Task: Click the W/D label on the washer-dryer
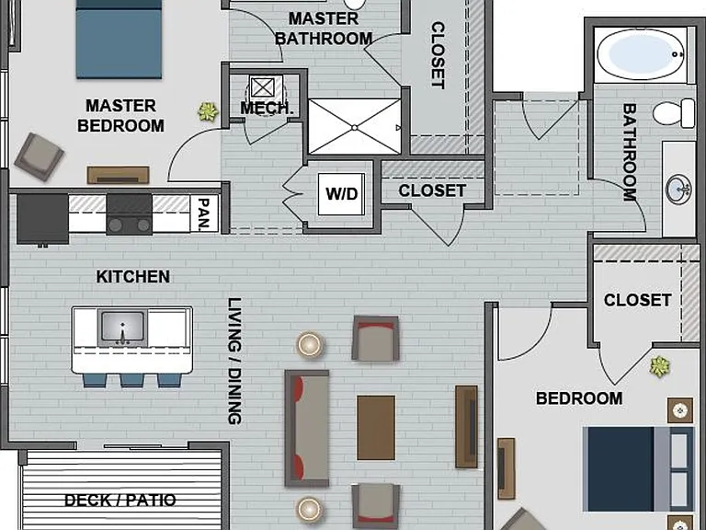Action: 342,194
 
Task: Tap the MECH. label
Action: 267,109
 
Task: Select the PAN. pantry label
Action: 204,214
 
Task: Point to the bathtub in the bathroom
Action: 640,54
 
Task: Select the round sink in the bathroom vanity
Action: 679,190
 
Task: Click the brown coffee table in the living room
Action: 376,428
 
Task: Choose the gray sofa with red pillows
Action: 307,429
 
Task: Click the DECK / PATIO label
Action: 120,501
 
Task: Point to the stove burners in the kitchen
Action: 130,225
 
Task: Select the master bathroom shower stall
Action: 354,127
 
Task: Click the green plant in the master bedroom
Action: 208,111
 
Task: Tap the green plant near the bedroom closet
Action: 660,366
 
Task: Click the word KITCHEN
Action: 132,277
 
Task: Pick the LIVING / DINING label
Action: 234,361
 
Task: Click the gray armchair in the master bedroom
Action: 40,156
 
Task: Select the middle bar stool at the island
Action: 132,380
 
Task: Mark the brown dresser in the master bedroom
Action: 119,175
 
